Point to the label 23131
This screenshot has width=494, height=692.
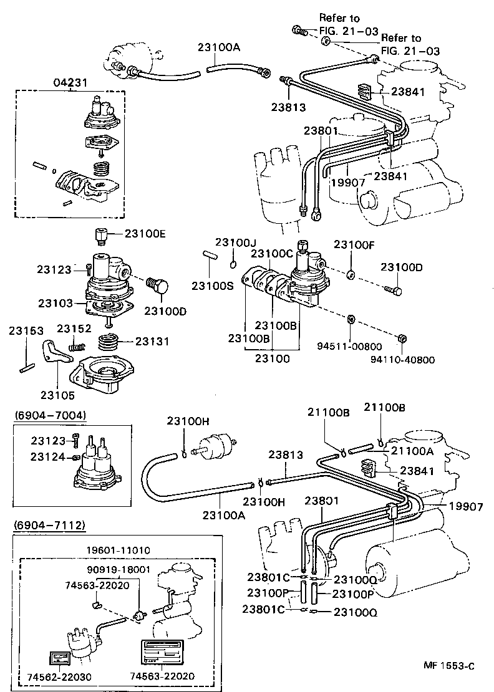point(152,342)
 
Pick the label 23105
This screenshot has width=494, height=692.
point(57,395)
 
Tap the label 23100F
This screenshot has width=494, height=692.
point(354,244)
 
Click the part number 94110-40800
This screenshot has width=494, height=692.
point(402,360)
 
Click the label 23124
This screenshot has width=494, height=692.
point(47,457)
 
